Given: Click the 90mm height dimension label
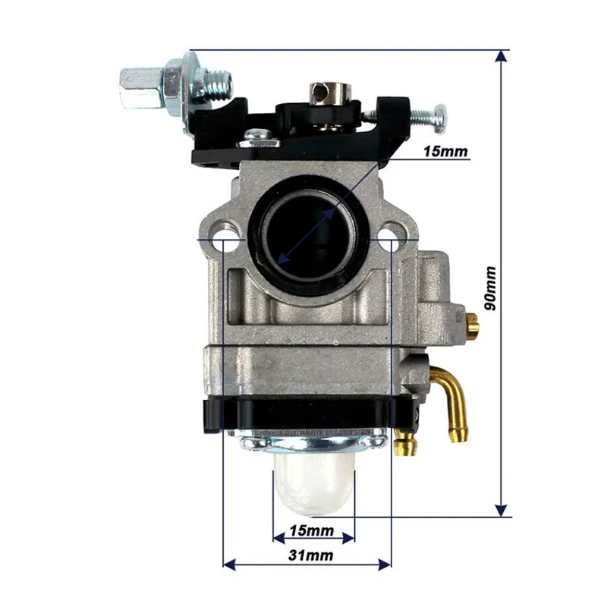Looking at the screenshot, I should click(491, 288).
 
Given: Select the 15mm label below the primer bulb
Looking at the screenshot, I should click(312, 529).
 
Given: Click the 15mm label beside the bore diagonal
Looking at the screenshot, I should click(446, 152).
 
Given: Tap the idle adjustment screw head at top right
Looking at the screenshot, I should click(438, 116).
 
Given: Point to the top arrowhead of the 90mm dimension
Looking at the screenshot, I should click(501, 58).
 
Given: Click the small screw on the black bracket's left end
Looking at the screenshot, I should click(258, 138).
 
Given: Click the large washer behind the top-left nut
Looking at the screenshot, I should click(182, 83).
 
